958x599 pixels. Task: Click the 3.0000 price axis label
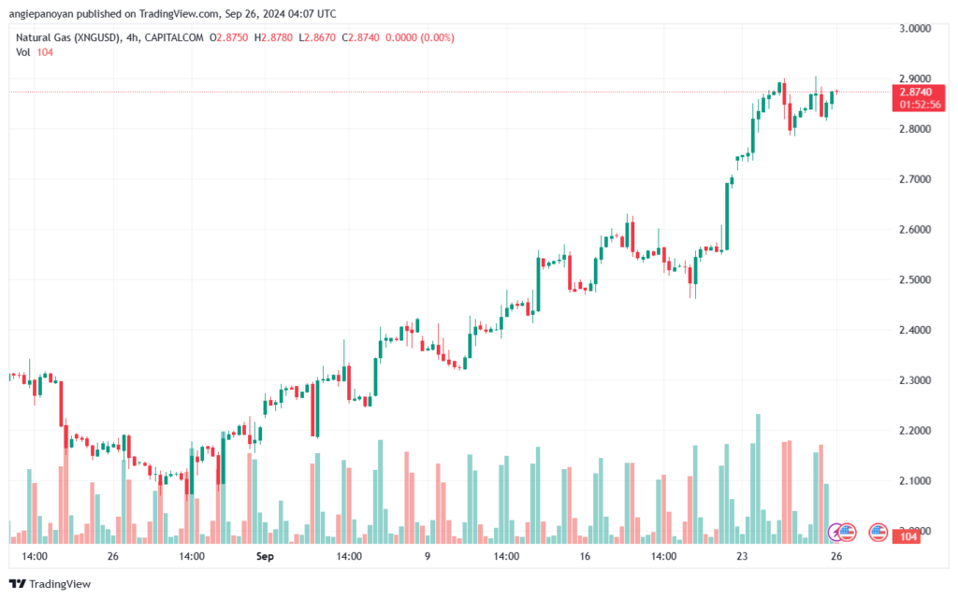(x=914, y=28)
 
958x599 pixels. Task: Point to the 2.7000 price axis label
(x=914, y=178)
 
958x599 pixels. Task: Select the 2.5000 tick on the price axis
(x=914, y=279)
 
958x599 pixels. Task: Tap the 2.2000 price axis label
(x=914, y=431)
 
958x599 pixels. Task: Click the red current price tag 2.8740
(x=914, y=92)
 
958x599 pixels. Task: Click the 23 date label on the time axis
(x=741, y=556)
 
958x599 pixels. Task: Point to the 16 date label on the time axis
(x=584, y=556)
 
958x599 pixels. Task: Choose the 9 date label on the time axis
(x=427, y=556)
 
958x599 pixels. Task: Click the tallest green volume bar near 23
(x=758, y=478)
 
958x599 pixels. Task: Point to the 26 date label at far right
(x=837, y=556)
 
